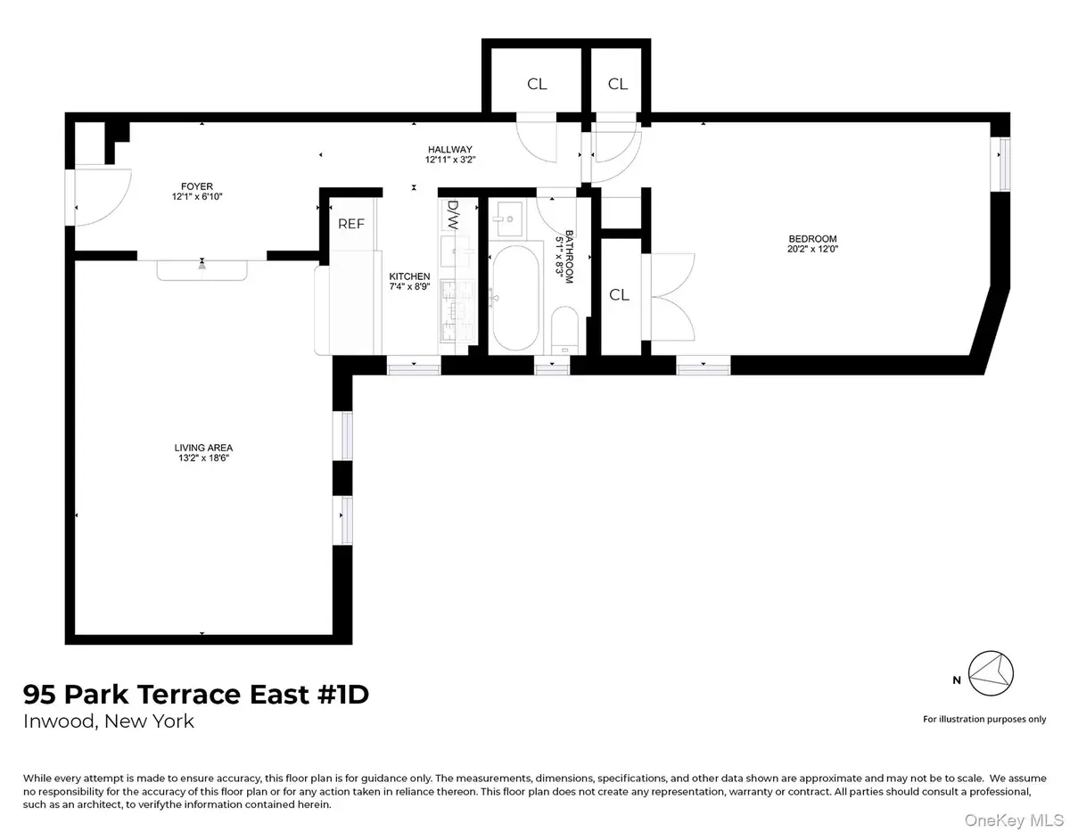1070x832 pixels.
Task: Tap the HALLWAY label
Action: pyautogui.click(x=449, y=150)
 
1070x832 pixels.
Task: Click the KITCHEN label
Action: pyautogui.click(x=408, y=276)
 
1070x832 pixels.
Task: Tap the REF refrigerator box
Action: pyautogui.click(x=350, y=225)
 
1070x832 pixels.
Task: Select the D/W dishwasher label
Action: pyautogui.click(x=452, y=215)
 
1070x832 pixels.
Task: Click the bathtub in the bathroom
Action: pyautogui.click(x=516, y=299)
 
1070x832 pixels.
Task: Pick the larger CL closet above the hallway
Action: pyautogui.click(x=537, y=85)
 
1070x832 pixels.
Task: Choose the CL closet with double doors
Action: pyautogui.click(x=619, y=295)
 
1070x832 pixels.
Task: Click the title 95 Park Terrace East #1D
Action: pyautogui.click(x=195, y=695)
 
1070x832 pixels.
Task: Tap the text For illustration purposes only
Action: pyautogui.click(x=984, y=719)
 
